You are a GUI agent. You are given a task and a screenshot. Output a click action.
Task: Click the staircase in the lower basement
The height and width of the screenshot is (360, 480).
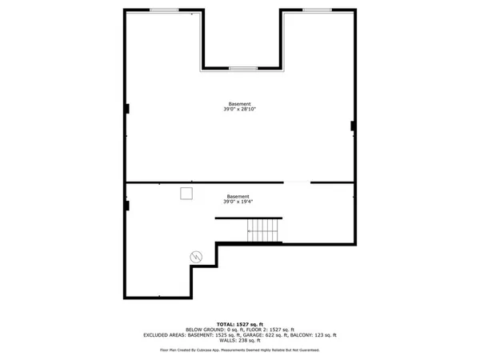tap(263, 231)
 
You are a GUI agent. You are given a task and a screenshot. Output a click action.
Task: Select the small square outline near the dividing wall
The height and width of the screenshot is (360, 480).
tap(186, 194)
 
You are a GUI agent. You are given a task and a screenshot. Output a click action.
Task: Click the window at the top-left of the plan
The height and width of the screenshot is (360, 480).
tap(164, 10)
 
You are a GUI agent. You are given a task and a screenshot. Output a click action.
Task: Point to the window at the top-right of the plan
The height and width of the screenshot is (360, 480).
tap(317, 10)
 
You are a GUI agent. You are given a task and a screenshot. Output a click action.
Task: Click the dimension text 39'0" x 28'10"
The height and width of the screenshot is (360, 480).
tap(239, 110)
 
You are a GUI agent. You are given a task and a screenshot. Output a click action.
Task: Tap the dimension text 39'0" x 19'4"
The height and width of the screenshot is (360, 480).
tap(238, 202)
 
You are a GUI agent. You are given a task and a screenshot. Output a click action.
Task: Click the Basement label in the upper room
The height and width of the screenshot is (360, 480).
tap(239, 104)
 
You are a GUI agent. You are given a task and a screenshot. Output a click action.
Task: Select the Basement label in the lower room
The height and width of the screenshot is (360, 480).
tap(238, 196)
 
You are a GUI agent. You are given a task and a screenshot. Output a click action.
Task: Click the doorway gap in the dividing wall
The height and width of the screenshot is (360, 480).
tap(297, 183)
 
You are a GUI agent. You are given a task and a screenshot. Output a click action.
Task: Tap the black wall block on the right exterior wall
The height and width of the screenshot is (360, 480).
tap(354, 126)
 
